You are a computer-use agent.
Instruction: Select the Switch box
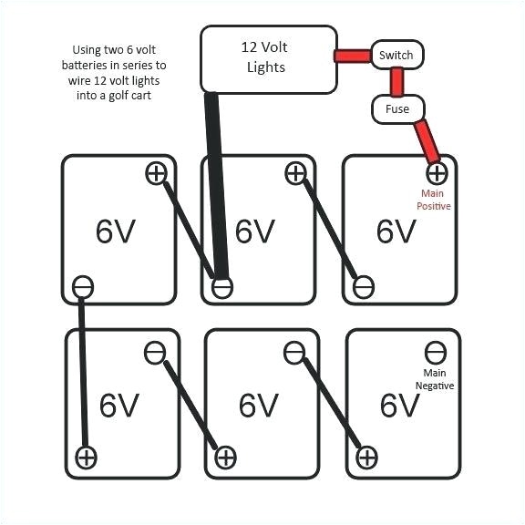click(x=396, y=56)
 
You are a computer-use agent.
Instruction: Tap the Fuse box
click(x=397, y=108)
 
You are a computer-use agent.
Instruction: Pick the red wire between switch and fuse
click(x=397, y=82)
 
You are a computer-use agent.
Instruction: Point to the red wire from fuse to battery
click(x=426, y=139)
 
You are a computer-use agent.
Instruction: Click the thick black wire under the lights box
click(x=216, y=182)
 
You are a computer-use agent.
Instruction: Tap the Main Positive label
click(x=435, y=200)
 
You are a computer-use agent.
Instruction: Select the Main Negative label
click(x=434, y=379)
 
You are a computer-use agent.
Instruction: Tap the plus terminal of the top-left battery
click(x=157, y=173)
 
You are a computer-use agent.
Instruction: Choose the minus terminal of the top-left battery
click(x=82, y=288)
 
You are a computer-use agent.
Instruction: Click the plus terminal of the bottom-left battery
click(x=86, y=456)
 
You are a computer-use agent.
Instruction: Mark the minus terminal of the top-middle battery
click(x=221, y=288)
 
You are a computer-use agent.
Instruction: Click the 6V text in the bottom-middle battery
click(x=259, y=405)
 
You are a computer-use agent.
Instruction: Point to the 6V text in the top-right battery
click(x=397, y=232)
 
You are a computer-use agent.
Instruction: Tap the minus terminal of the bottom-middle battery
click(x=293, y=351)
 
